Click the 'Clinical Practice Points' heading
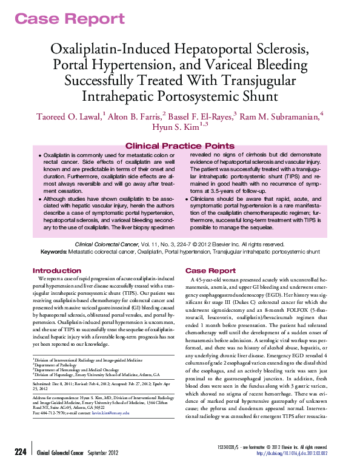[179, 146]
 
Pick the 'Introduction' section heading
[57, 271]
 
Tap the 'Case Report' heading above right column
[210, 271]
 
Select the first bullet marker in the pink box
[39, 156]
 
